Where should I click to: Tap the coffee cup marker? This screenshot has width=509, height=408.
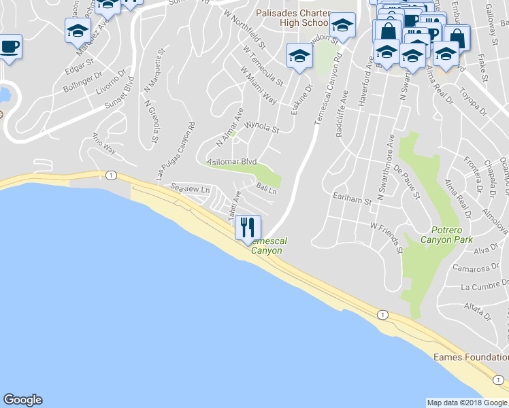pyautogui.click(x=10, y=48)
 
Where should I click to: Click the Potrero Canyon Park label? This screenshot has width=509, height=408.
pyautogui.click(x=446, y=235)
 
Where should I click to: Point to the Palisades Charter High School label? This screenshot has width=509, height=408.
pyautogui.click(x=293, y=18)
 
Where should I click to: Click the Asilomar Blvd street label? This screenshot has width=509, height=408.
pyautogui.click(x=231, y=162)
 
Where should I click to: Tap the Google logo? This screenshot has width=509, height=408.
pyautogui.click(x=22, y=400)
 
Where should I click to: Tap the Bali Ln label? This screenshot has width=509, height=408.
pyautogui.click(x=266, y=188)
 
